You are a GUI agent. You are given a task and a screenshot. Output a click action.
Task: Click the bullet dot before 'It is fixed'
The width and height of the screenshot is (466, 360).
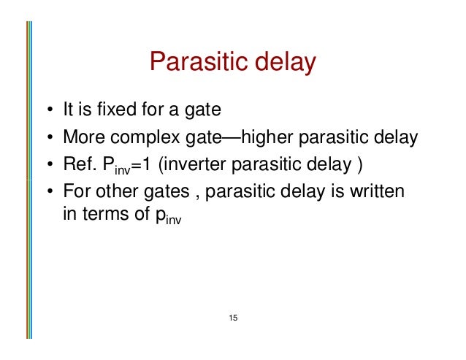pyautogui.click(x=47, y=112)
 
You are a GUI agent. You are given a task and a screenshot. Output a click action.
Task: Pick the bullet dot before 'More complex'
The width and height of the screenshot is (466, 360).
pyautogui.click(x=47, y=138)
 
